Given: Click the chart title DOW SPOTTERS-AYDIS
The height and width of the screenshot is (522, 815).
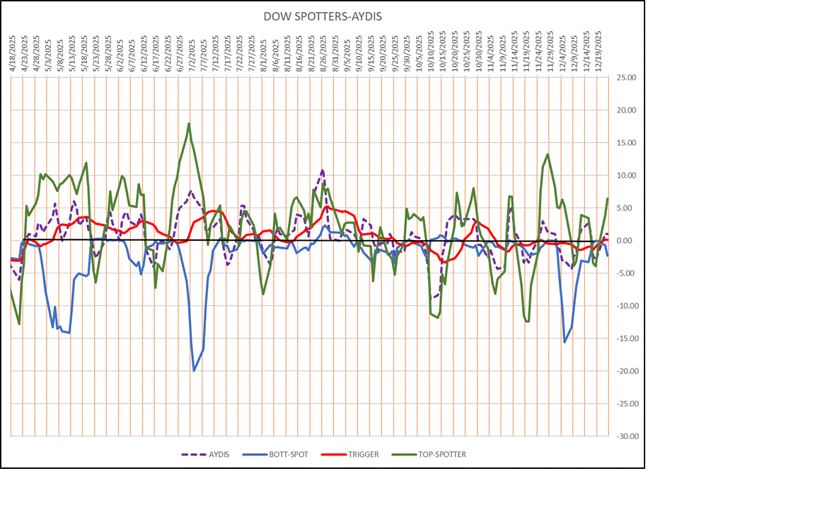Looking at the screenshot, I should pyautogui.click(x=322, y=16).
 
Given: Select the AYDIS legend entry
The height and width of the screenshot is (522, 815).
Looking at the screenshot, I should pyautogui.click(x=213, y=454).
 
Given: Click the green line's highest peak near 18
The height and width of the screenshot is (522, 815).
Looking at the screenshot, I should pyautogui.click(x=189, y=123).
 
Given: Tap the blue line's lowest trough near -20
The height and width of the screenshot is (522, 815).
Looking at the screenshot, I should pyautogui.click(x=194, y=370).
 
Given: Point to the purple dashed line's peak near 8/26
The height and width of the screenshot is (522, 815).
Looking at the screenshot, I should pyautogui.click(x=322, y=170).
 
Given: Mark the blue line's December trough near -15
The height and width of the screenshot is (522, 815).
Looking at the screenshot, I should pyautogui.click(x=565, y=342).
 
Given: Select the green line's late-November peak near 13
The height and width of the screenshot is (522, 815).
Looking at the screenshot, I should pyautogui.click(x=548, y=154).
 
